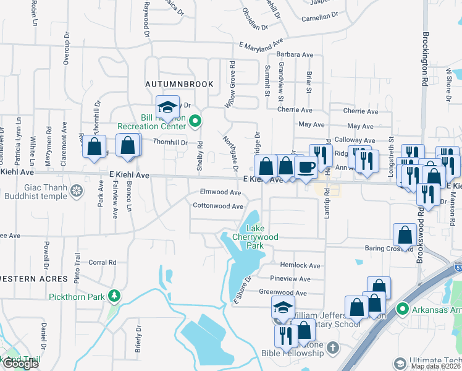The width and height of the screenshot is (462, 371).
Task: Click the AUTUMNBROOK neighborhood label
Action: (x=179, y=83)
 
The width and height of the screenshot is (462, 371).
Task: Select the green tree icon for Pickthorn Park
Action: (x=113, y=296)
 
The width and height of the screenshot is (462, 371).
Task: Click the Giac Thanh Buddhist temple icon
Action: (x=77, y=190)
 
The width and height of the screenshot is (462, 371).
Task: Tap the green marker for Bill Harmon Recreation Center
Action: (x=196, y=121)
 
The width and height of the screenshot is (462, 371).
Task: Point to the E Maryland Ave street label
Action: (x=261, y=46)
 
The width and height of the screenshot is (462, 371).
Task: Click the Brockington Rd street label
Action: (x=426, y=59)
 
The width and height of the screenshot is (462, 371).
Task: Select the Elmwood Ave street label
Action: (x=220, y=192)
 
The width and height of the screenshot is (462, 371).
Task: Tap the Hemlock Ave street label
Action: (x=300, y=265)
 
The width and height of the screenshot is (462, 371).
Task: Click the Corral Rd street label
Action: (x=103, y=262)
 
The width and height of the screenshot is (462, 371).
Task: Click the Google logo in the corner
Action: (x=20, y=364)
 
